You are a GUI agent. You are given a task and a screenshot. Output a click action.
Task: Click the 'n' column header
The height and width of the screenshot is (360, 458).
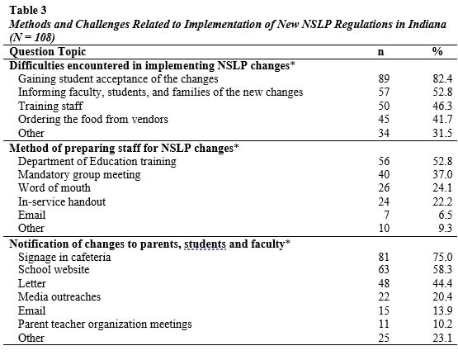380,51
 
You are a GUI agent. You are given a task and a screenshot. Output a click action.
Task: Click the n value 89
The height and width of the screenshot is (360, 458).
380,78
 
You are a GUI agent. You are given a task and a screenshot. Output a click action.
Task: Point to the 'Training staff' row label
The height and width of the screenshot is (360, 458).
51,107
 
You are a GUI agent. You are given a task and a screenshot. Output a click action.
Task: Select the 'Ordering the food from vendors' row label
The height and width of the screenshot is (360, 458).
93,121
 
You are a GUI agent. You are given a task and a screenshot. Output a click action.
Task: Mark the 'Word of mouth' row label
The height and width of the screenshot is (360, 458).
55,191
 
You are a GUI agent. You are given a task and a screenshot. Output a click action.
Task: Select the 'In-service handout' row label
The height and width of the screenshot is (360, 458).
64,205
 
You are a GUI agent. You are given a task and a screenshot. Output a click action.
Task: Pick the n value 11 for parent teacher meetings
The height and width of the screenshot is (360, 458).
380,325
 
